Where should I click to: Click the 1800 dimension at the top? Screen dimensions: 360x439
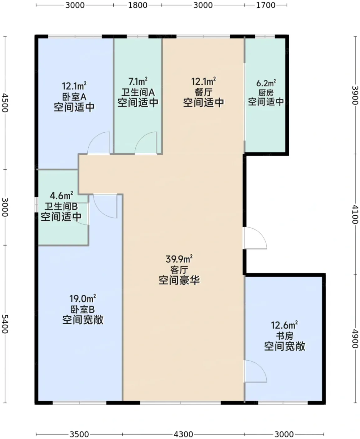138,5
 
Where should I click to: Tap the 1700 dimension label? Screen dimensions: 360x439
266,5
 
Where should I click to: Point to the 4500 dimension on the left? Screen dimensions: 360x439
5,103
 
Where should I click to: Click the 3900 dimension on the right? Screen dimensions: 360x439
355,95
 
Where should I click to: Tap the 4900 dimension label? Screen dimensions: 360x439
355,339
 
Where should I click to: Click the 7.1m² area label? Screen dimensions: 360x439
138,82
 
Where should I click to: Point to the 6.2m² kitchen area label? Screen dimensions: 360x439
266,83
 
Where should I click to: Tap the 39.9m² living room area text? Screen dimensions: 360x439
179,259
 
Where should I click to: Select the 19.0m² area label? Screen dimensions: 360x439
83,299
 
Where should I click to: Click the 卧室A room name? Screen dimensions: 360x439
74,97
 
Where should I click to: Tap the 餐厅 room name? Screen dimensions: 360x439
203,92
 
